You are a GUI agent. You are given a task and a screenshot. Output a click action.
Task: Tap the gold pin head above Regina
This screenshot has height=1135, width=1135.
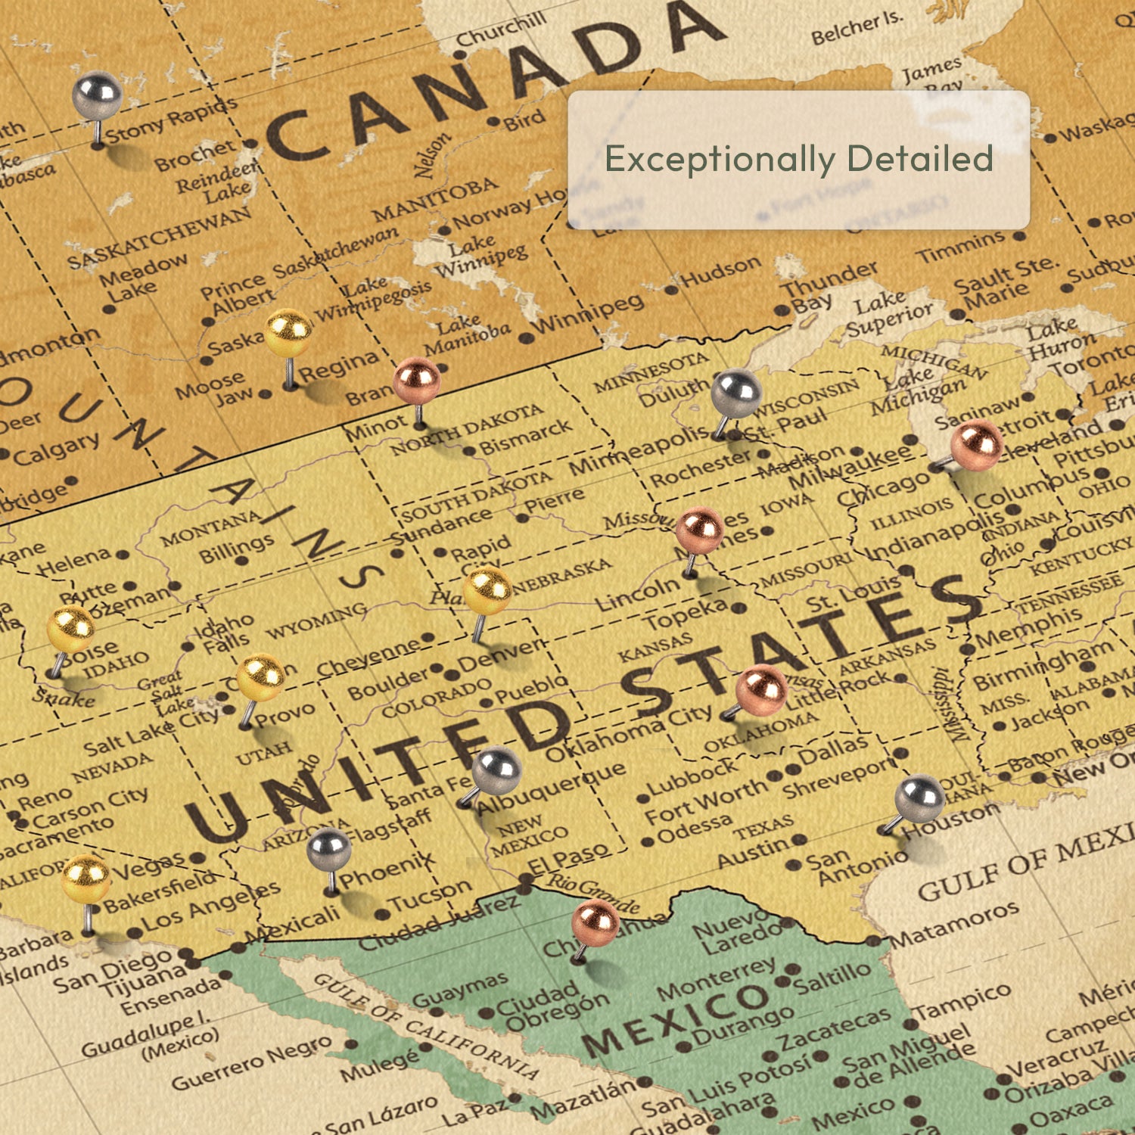288,333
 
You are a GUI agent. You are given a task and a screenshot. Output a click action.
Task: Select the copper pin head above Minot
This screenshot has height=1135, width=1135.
416,381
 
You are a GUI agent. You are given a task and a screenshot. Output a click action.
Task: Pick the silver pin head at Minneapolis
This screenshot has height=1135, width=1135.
735,393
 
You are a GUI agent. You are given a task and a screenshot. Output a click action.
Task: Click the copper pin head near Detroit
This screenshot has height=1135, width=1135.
976,446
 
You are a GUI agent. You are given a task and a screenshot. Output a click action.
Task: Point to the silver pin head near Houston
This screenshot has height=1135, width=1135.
919,799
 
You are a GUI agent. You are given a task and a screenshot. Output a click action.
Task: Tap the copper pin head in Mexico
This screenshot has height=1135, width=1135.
595,923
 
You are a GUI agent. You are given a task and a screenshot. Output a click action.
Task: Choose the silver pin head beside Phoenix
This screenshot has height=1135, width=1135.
329,850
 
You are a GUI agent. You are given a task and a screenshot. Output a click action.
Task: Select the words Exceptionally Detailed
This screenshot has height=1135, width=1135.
798,159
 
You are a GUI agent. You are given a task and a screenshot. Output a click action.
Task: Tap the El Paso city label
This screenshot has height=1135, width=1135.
569,859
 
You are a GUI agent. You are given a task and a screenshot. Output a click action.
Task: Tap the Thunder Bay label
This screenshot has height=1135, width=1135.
829,286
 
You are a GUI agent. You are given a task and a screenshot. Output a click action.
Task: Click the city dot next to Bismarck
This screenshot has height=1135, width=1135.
469,451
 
